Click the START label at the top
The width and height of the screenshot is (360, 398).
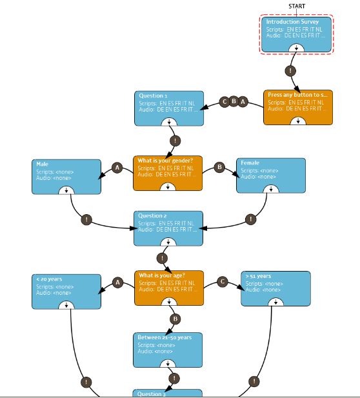[297, 6]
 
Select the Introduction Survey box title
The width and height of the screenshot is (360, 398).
[292, 22]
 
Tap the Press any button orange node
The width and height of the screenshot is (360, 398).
[298, 107]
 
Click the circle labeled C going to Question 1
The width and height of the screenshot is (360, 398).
[225, 102]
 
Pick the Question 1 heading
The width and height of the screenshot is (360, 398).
[153, 95]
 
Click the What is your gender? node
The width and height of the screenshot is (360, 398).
[168, 173]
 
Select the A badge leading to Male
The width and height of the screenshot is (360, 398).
[117, 168]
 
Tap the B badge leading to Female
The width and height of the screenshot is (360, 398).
[219, 167]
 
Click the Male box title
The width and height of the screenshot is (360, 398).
[42, 164]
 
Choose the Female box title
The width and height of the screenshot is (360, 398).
[250, 163]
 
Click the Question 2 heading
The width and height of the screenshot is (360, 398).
[152, 215]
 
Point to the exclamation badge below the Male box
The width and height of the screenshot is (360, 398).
[86, 219]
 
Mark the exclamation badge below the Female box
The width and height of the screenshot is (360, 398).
[251, 219]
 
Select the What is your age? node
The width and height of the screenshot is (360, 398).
[169, 288]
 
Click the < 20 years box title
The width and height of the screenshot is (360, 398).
[49, 279]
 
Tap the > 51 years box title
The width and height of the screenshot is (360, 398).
[258, 276]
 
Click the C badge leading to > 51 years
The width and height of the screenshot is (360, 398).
[223, 282]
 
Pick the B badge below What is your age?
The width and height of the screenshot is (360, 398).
[175, 319]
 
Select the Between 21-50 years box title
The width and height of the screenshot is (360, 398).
[165, 337]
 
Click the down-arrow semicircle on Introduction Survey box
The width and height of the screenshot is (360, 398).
[296, 48]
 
